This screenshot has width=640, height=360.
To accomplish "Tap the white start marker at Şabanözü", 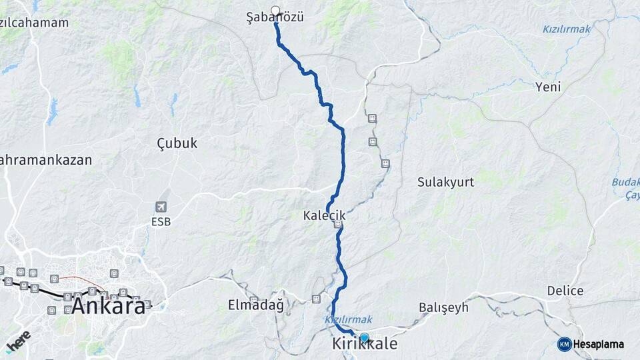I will click(x=275, y=11).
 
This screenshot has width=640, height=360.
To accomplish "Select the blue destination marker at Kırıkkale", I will click(x=364, y=337).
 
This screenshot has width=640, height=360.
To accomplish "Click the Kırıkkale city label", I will click(x=365, y=345).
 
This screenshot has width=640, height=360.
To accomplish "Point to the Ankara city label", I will click(x=108, y=307).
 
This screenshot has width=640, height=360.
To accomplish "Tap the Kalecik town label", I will click(x=324, y=216).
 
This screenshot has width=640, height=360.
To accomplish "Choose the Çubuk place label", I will click(x=177, y=143).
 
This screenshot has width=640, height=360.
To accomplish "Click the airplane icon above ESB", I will click(x=161, y=207).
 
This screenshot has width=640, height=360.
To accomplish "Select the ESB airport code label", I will click(x=161, y=221).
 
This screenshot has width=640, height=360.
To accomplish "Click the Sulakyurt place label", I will click(x=445, y=181).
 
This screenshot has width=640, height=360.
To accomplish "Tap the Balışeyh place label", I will click(x=443, y=307).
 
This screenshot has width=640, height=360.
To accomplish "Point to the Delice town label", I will click(x=565, y=291).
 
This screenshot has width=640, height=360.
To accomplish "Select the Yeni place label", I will click(x=548, y=87).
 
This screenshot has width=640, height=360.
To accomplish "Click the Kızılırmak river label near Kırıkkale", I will click(x=349, y=320).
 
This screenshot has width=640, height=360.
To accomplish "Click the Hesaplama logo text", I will click(x=599, y=344).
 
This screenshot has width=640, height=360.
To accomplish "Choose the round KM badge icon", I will click(x=564, y=344).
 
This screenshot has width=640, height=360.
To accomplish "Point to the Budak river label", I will click(x=625, y=182).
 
